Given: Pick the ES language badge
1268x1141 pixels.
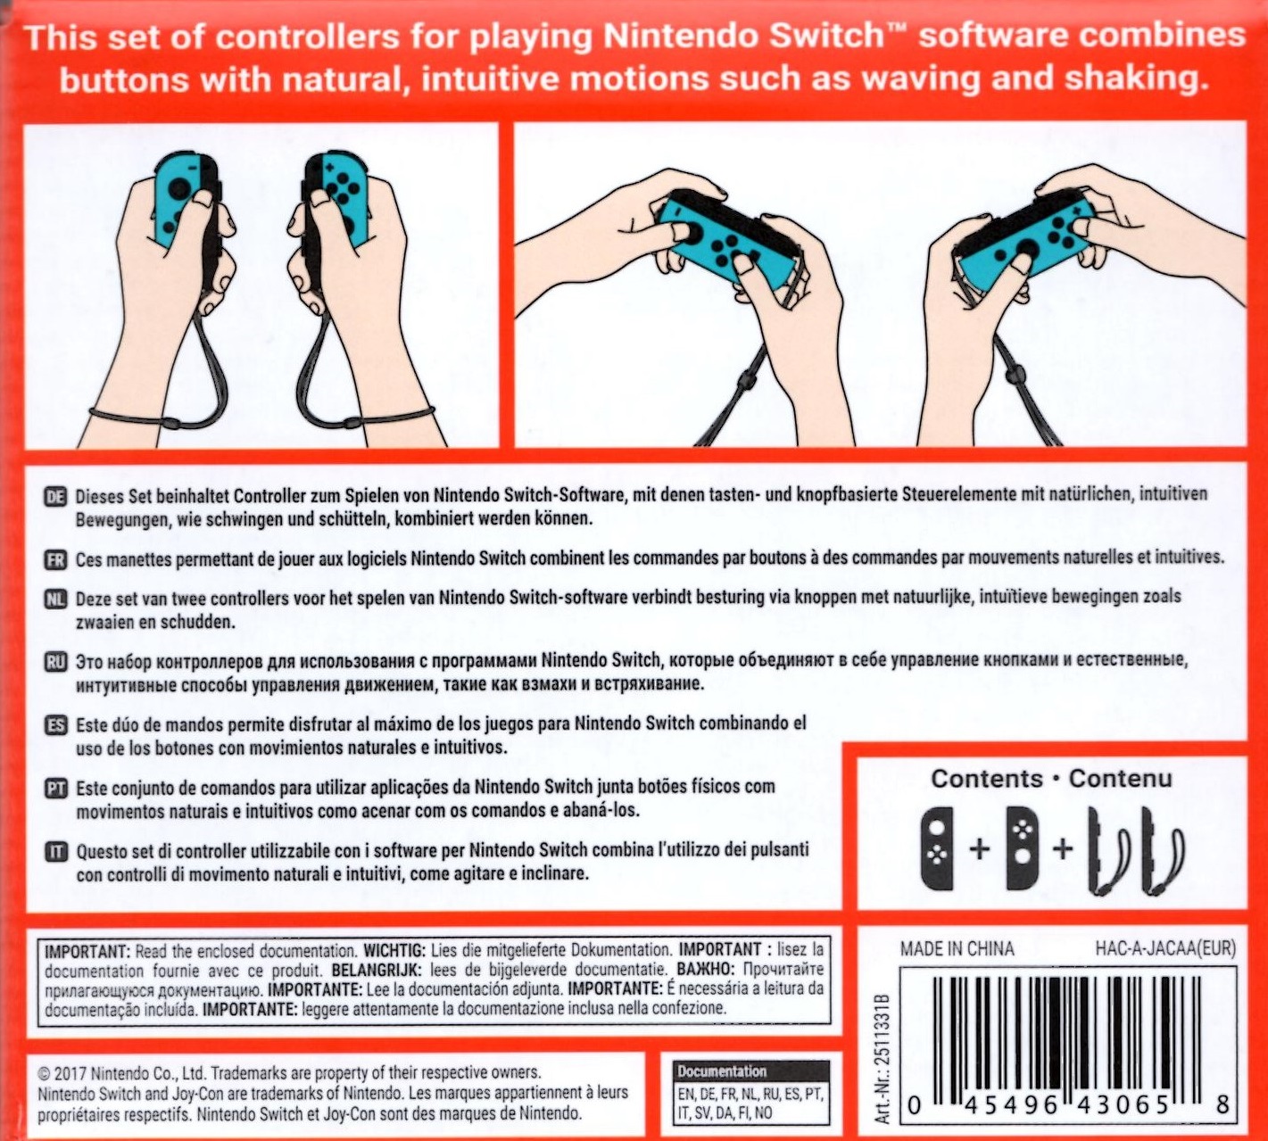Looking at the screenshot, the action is (55, 725).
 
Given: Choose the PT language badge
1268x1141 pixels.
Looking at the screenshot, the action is (55, 789).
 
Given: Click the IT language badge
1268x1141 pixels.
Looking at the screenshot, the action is (55, 851).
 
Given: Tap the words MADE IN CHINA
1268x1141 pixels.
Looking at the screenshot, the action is (957, 949).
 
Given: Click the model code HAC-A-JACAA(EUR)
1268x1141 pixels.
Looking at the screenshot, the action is (1165, 949).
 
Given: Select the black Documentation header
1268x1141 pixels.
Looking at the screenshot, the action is (751, 1071).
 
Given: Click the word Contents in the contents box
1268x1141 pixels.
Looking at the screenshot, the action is (987, 779).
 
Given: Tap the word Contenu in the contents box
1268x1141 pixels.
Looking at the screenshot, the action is (1120, 779).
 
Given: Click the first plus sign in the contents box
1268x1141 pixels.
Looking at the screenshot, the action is (980, 848).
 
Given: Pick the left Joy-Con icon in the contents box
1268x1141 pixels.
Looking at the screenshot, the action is (937, 848).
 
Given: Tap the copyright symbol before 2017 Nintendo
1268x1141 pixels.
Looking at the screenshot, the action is (44, 1073).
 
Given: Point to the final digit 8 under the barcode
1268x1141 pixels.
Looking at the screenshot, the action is (1223, 1105).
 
